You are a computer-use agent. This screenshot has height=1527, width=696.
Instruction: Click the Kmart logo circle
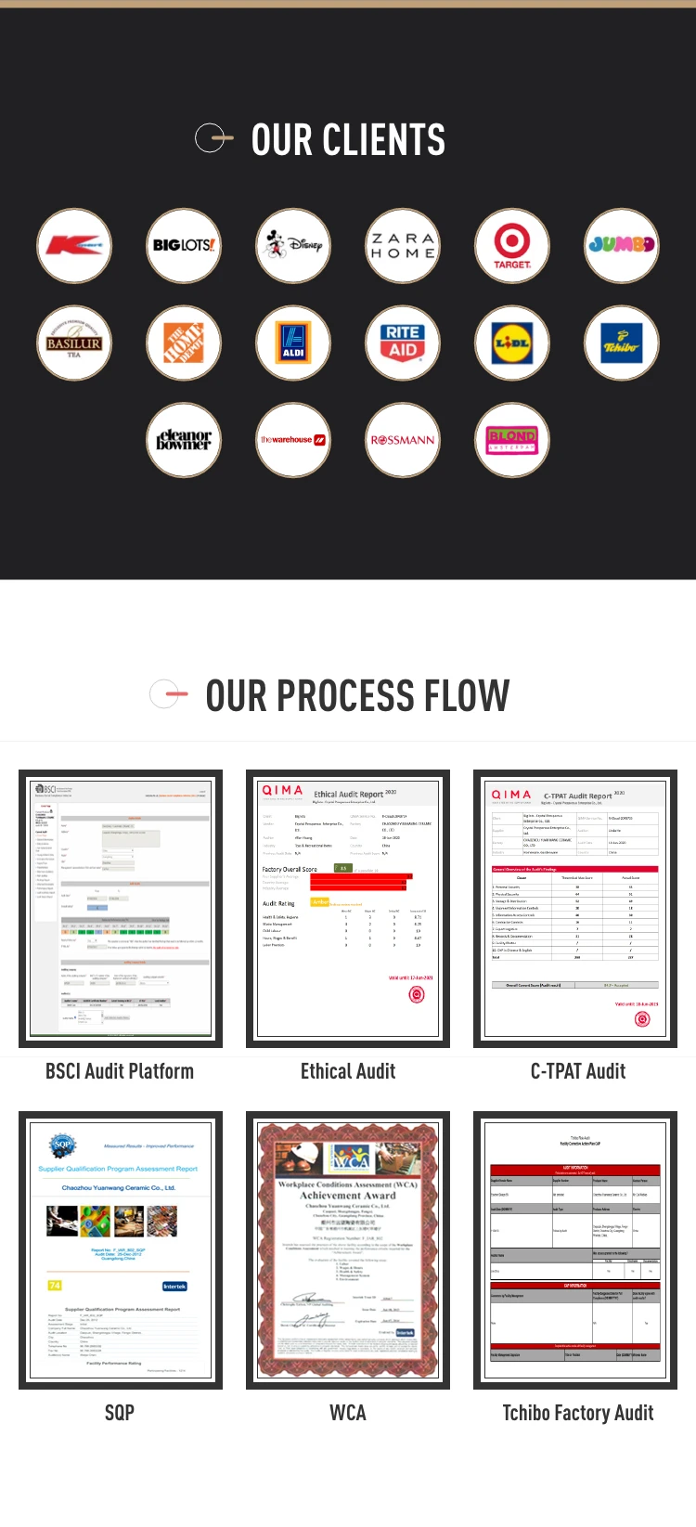tap(74, 246)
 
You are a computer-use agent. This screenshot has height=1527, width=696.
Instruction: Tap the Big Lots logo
tap(184, 246)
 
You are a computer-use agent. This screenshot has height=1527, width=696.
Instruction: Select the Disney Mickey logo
tap(293, 246)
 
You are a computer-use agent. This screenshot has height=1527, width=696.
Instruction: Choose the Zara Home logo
tap(403, 246)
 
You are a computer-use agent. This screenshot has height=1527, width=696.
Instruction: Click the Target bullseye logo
tap(512, 246)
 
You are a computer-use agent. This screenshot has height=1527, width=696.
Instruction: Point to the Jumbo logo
tap(622, 246)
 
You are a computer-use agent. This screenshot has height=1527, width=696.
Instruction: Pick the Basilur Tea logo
tap(74, 343)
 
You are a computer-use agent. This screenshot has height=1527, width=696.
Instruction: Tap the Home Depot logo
tap(184, 343)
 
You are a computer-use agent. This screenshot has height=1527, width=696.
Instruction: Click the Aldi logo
tap(293, 343)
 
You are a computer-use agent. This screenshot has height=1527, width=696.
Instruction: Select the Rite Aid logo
tap(403, 343)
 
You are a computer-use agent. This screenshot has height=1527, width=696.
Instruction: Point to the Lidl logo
tap(512, 343)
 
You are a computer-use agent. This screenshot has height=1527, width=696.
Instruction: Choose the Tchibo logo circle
tap(622, 343)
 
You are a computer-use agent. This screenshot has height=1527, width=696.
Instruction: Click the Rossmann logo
tap(403, 440)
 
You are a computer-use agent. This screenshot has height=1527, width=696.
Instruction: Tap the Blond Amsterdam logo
tap(512, 440)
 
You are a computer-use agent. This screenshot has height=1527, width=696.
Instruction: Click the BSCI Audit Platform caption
tap(120, 1071)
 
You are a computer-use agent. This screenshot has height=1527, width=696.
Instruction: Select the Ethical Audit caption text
tap(348, 1071)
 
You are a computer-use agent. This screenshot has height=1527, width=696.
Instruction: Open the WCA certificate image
tap(348, 1250)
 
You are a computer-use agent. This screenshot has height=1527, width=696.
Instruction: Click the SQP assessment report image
tap(121, 1250)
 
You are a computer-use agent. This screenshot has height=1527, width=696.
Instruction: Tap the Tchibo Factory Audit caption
tap(577, 1413)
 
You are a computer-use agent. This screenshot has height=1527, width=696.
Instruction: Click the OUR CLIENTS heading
tap(348, 140)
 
